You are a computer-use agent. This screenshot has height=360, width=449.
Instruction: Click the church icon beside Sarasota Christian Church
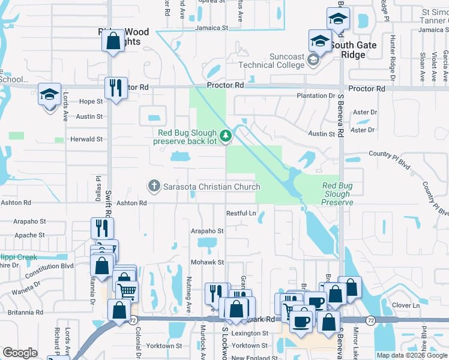pos(154,187)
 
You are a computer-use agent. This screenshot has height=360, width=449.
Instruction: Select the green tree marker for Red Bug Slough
pos(226,137)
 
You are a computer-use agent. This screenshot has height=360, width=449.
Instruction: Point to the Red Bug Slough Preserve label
pos(336,194)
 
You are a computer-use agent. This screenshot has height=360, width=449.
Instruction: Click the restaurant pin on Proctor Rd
pos(113,89)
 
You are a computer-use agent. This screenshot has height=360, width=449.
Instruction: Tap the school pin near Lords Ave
pos(50,95)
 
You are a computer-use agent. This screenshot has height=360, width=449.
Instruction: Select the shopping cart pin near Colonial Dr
pos(126,292)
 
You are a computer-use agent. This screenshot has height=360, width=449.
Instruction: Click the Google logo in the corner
pos(20,353)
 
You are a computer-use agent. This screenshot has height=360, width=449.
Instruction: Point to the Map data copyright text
pos(412,355)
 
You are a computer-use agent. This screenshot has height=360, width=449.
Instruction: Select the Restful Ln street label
pos(241,214)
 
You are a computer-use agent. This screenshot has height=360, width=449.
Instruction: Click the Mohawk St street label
pos(207,263)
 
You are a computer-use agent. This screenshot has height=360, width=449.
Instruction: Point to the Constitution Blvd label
pos(53,266)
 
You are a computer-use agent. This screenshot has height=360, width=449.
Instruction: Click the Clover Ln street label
pos(405,305)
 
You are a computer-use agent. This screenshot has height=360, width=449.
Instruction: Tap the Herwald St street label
pos(86,139)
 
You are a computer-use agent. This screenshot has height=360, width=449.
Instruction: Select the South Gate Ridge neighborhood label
pos(353,50)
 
